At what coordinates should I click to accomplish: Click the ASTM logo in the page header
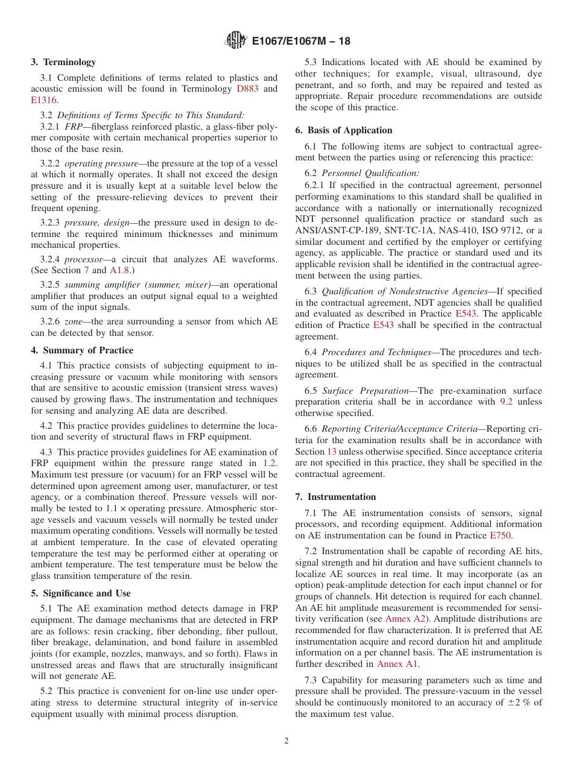click(235, 40)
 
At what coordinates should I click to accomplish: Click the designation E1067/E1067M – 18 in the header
click(300, 41)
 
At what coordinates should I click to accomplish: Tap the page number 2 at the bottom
click(286, 741)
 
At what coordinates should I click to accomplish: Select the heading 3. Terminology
click(63, 62)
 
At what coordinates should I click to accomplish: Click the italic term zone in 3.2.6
click(75, 321)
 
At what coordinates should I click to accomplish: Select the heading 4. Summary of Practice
click(82, 350)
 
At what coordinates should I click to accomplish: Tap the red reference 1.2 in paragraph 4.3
click(270, 463)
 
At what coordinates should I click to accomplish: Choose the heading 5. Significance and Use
click(81, 593)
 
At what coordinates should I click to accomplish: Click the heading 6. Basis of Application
click(344, 130)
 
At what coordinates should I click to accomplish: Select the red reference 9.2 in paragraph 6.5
click(506, 402)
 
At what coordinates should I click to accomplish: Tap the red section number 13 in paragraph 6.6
click(332, 452)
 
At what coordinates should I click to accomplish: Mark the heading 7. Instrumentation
click(335, 497)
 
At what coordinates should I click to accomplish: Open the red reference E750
click(501, 535)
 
